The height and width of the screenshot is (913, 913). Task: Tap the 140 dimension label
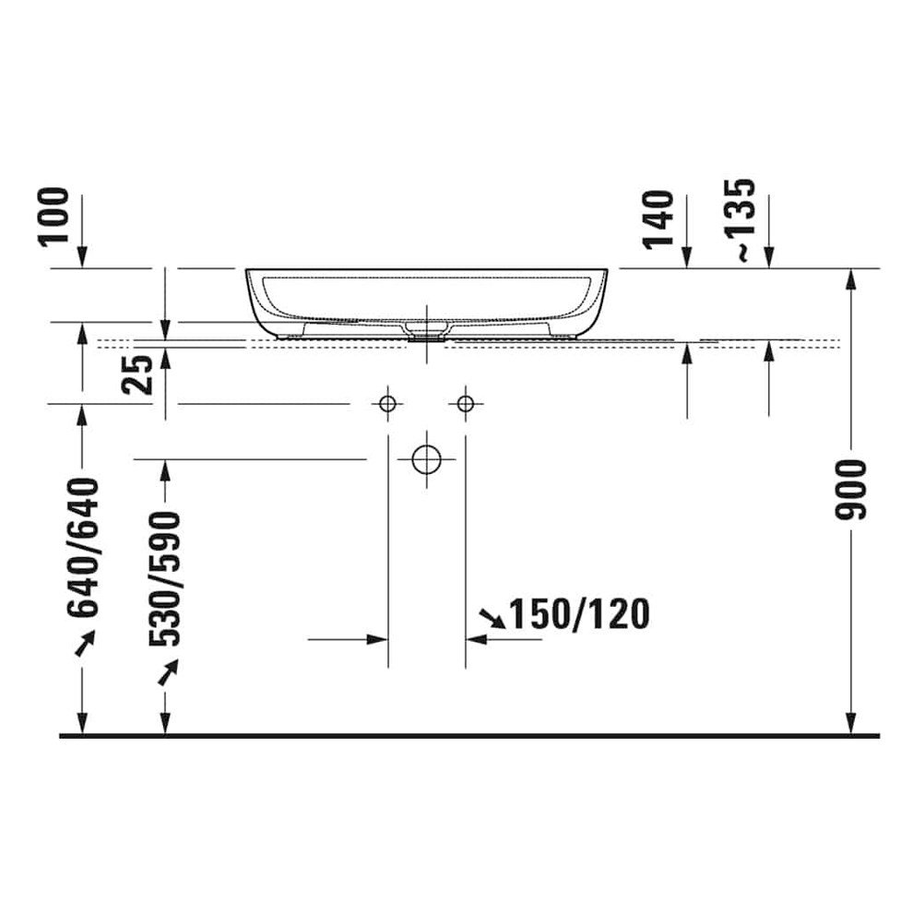click(658, 219)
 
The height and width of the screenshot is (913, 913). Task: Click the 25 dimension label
click(136, 375)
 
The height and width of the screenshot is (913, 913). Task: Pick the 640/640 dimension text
click(82, 547)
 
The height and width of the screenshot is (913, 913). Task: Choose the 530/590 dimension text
click(165, 579)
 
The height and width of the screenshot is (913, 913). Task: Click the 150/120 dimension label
click(579, 614)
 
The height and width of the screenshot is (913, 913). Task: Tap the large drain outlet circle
click(426, 459)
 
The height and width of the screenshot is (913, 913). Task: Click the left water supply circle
click(387, 403)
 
